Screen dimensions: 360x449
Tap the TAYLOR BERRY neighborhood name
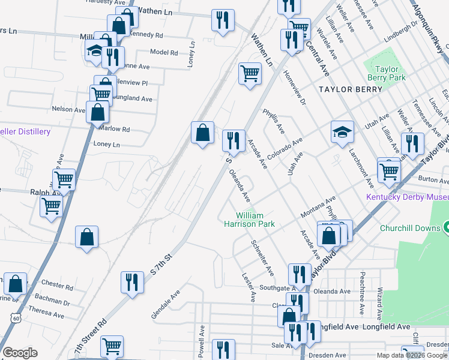click(x=351, y=89)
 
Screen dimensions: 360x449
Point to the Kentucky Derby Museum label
click(x=408, y=197)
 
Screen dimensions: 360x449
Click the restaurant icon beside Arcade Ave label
click(x=233, y=141)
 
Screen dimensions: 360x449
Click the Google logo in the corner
click(x=20, y=353)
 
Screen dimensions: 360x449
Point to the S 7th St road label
click(x=161, y=264)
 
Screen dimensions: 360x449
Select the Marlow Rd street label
click(x=117, y=129)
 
